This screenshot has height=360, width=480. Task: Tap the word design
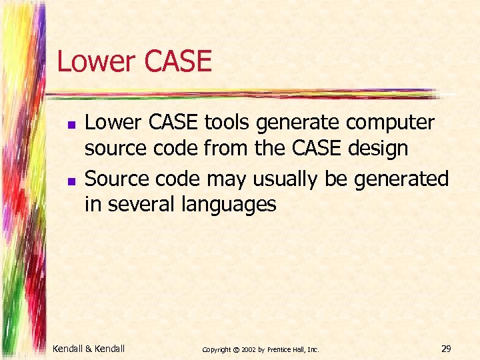pyautogui.click(x=377, y=149)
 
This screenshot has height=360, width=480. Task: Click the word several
pyautogui.click(x=139, y=204)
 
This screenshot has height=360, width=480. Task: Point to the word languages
pyautogui.click(x=229, y=204)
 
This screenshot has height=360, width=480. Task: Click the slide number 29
pyautogui.click(x=446, y=348)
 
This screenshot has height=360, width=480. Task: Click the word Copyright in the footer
pyautogui.click(x=217, y=349)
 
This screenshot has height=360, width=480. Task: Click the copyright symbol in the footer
pyautogui.click(x=236, y=349)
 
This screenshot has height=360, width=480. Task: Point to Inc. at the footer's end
pyautogui.click(x=313, y=349)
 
